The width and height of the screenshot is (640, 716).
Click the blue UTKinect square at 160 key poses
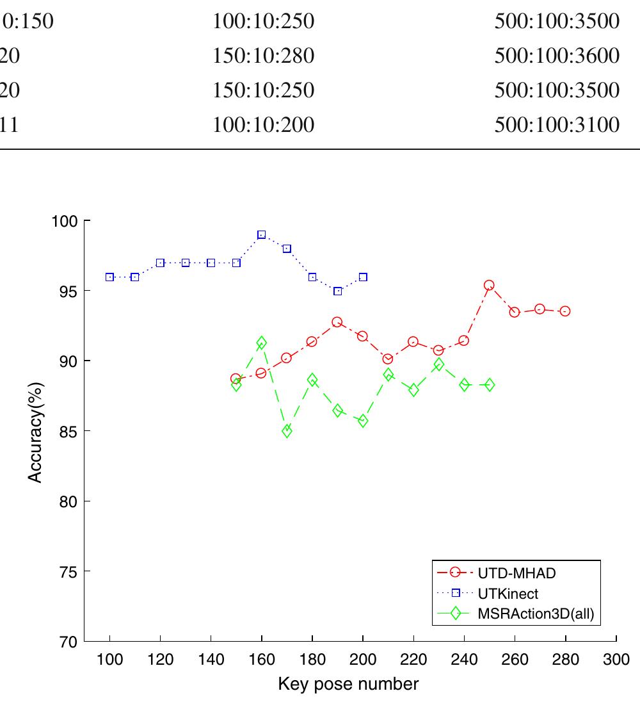click(261, 235)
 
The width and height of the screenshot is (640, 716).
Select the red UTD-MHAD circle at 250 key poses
click(489, 286)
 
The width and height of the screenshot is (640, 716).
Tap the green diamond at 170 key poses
click(287, 431)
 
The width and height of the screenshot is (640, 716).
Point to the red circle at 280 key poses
click(564, 311)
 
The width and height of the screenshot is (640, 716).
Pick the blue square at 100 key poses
click(109, 277)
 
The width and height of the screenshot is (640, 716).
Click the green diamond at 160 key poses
click(261, 343)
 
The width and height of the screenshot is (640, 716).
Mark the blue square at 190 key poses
click(337, 291)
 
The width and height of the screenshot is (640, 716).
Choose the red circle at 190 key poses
click(337, 322)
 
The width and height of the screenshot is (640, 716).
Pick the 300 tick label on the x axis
click(616, 659)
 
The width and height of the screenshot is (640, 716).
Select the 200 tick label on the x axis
click(363, 659)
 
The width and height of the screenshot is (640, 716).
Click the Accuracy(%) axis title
click(37, 432)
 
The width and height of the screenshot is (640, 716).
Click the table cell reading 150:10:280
click(263, 56)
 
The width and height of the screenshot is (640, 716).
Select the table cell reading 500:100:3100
click(557, 124)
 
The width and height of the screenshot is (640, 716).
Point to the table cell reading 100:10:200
click(263, 124)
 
